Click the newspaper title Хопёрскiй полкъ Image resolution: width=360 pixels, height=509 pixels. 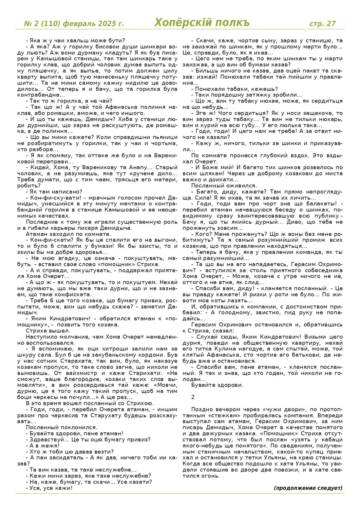[202, 22]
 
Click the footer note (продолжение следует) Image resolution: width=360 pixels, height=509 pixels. [308, 488]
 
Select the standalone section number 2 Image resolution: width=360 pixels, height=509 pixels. [193, 397]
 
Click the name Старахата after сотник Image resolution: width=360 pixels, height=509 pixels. [74, 361]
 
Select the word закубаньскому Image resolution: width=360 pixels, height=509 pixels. [92, 355]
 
